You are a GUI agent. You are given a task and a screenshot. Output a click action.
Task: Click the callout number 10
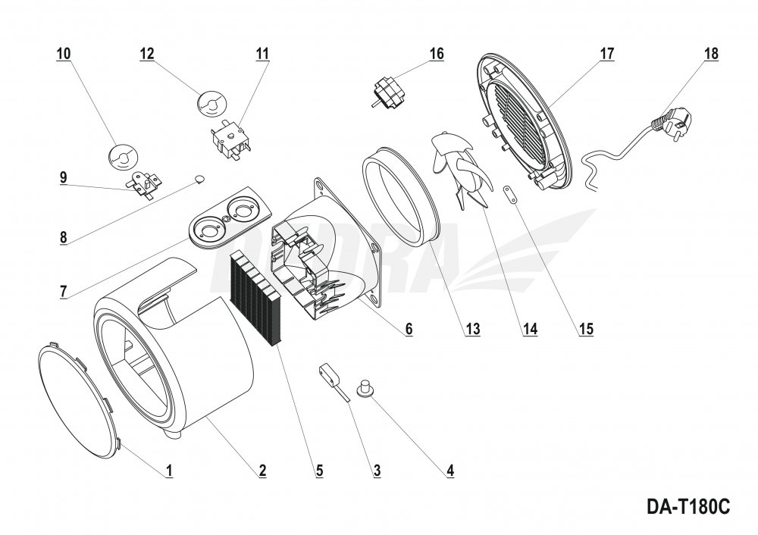63,54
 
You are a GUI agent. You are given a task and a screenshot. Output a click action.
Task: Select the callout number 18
710,54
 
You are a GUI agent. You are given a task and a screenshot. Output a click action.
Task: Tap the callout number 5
320,471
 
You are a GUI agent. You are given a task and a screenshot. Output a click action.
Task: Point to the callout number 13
472,329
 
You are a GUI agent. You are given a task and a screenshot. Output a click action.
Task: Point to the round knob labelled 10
122,155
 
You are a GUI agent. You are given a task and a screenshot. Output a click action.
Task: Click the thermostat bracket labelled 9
141,183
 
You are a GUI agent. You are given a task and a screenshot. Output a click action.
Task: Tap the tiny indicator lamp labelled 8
197,179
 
